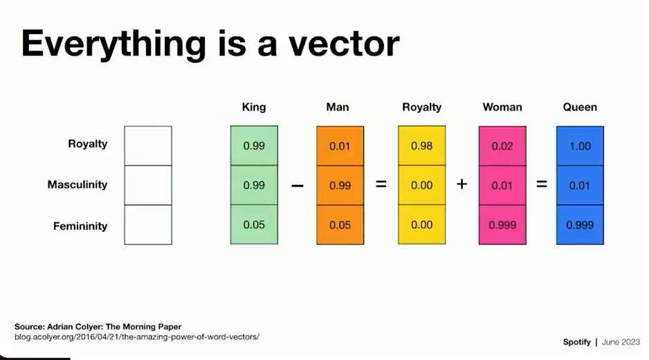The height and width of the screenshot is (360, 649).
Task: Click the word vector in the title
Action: click(x=344, y=44)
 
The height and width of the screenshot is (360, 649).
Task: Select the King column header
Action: click(x=254, y=107)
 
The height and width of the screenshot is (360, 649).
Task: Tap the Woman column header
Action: click(x=502, y=107)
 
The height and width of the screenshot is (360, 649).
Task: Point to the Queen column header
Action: click(x=580, y=107)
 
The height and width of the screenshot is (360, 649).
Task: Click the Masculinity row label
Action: click(x=77, y=184)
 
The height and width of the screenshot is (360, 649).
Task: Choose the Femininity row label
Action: click(x=80, y=226)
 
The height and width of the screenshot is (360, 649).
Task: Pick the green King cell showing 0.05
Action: click(x=254, y=224)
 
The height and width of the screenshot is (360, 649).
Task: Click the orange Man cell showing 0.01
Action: click(x=340, y=146)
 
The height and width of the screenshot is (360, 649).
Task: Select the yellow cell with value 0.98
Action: click(x=422, y=146)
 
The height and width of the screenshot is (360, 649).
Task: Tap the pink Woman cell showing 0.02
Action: click(x=502, y=146)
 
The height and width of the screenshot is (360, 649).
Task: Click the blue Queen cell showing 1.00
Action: click(x=580, y=146)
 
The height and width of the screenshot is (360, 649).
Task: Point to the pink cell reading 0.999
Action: click(x=502, y=224)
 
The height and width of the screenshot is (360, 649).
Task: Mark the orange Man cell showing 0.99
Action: click(x=340, y=185)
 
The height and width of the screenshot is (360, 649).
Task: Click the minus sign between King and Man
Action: click(x=298, y=186)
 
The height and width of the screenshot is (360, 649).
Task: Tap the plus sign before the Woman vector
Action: click(x=462, y=183)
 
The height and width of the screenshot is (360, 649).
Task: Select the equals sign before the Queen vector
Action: click(x=541, y=183)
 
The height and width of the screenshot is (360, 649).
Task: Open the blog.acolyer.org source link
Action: click(x=137, y=336)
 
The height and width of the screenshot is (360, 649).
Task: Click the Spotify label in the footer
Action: click(x=576, y=342)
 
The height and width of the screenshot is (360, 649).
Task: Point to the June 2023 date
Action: click(x=621, y=342)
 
